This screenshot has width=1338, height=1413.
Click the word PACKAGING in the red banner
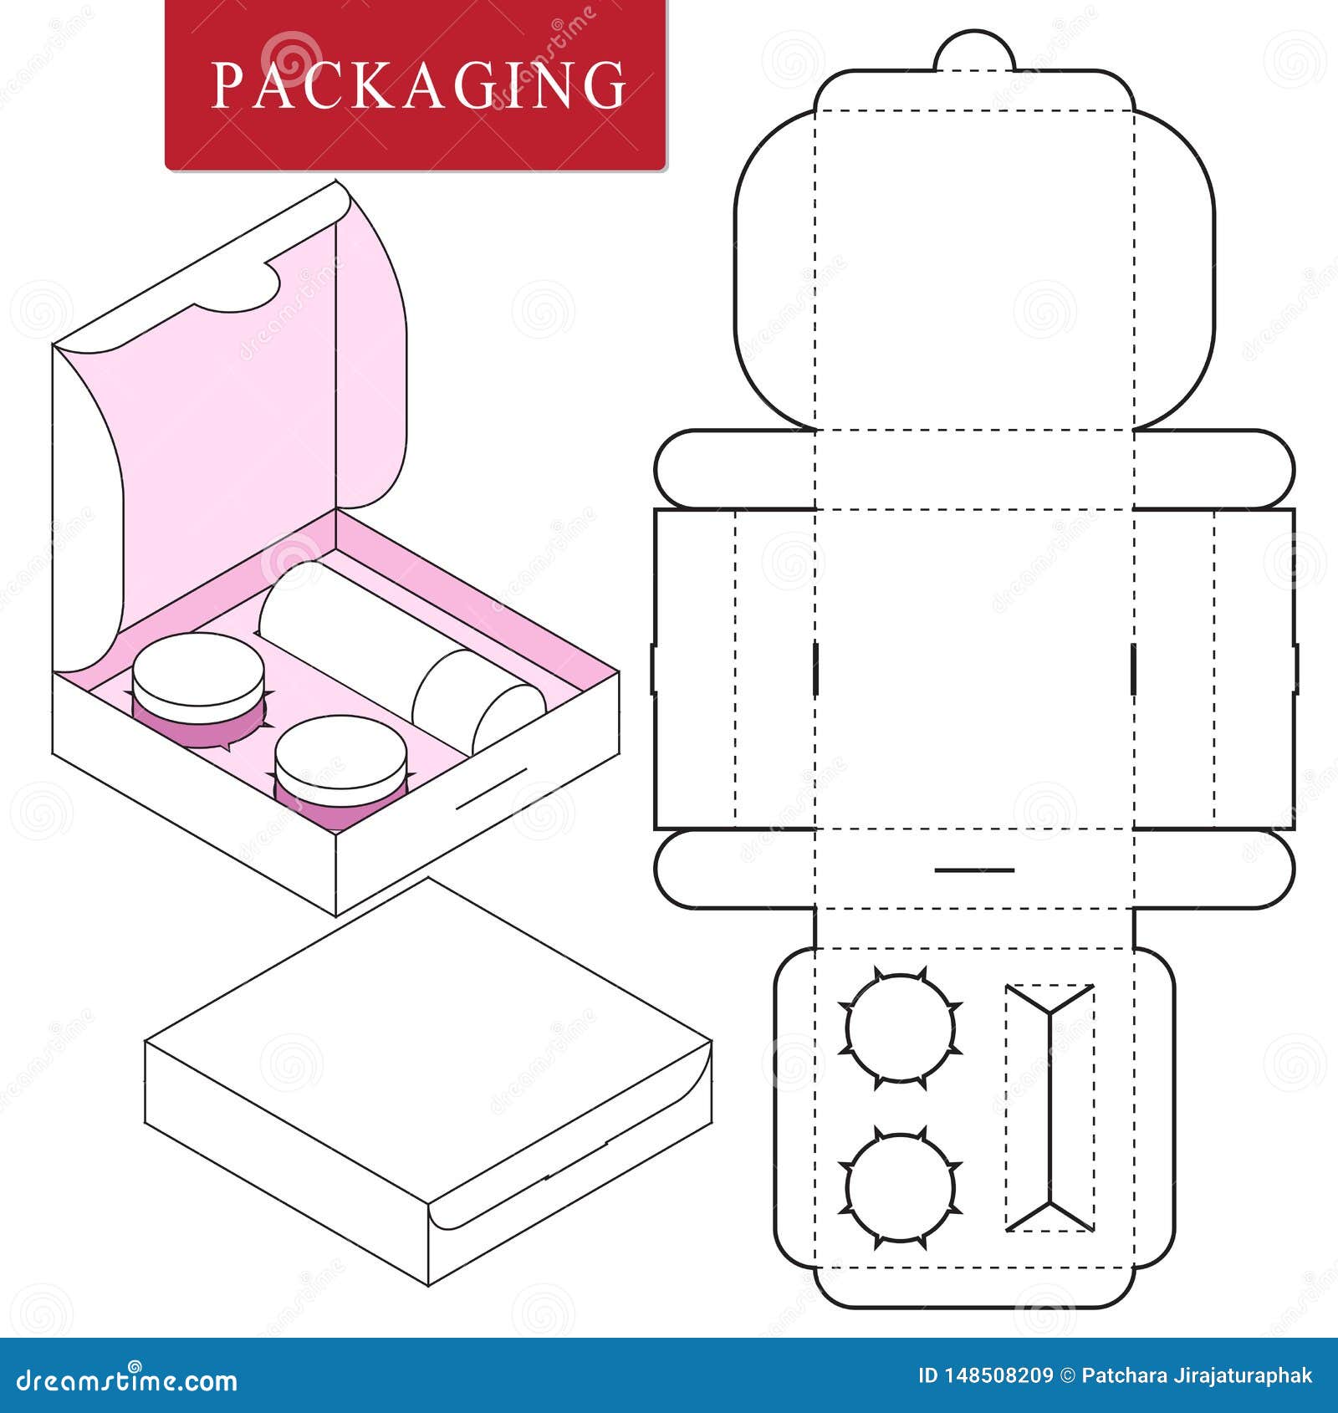click(x=418, y=84)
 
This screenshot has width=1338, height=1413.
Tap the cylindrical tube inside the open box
click(x=393, y=652)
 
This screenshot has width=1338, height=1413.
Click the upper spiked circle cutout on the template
click(x=900, y=1028)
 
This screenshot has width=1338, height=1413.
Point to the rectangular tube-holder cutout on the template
click(x=1049, y=1107)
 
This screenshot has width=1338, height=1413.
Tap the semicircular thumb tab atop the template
click(x=974, y=53)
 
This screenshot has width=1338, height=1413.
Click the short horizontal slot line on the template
click(x=974, y=870)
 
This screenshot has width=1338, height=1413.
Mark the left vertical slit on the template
click(x=815, y=668)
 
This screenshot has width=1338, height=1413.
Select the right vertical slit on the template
click(x=1134, y=668)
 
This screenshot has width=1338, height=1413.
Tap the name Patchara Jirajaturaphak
click(x=1197, y=1375)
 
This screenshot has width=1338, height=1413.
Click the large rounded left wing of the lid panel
click(x=774, y=268)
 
